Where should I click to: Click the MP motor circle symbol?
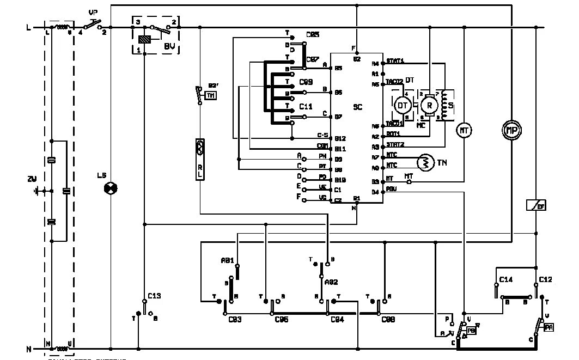tap(511, 131)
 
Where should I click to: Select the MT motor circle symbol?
tap(464, 130)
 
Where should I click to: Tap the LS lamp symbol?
tap(111, 188)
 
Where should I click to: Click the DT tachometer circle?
tap(403, 105)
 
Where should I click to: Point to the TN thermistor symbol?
tap(424, 162)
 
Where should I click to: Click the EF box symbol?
tap(536, 205)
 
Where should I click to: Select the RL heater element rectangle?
tap(200, 160)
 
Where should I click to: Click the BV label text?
tap(169, 47)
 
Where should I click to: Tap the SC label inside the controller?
tap(357, 107)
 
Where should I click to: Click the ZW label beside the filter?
tap(32, 179)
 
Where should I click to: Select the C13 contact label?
tap(154, 296)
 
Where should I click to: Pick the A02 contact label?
tap(331, 282)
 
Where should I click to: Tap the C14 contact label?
tap(505, 279)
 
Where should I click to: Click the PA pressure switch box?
tap(548, 327)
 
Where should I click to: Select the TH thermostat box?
tap(210, 96)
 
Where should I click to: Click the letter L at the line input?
tap(28, 27)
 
